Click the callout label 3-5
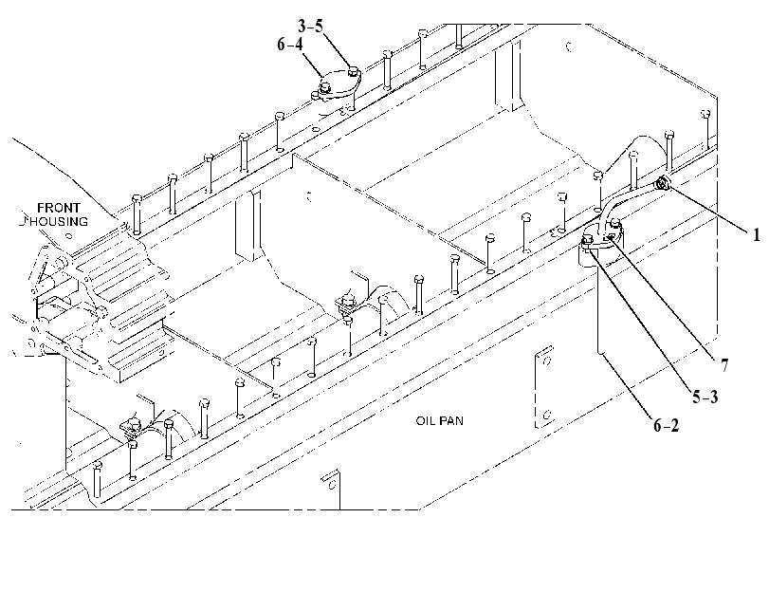click(x=310, y=26)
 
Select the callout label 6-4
click(x=290, y=45)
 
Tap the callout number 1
click(x=757, y=235)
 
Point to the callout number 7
click(x=724, y=365)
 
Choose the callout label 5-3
click(x=705, y=397)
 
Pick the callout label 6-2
click(x=667, y=425)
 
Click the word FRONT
click(x=59, y=208)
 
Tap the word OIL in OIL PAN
click(x=425, y=421)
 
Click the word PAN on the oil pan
click(x=451, y=421)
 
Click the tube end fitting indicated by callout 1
click(x=664, y=183)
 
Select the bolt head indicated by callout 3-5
click(x=353, y=73)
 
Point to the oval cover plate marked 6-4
click(x=337, y=86)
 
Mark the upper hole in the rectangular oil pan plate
click(x=547, y=361)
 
